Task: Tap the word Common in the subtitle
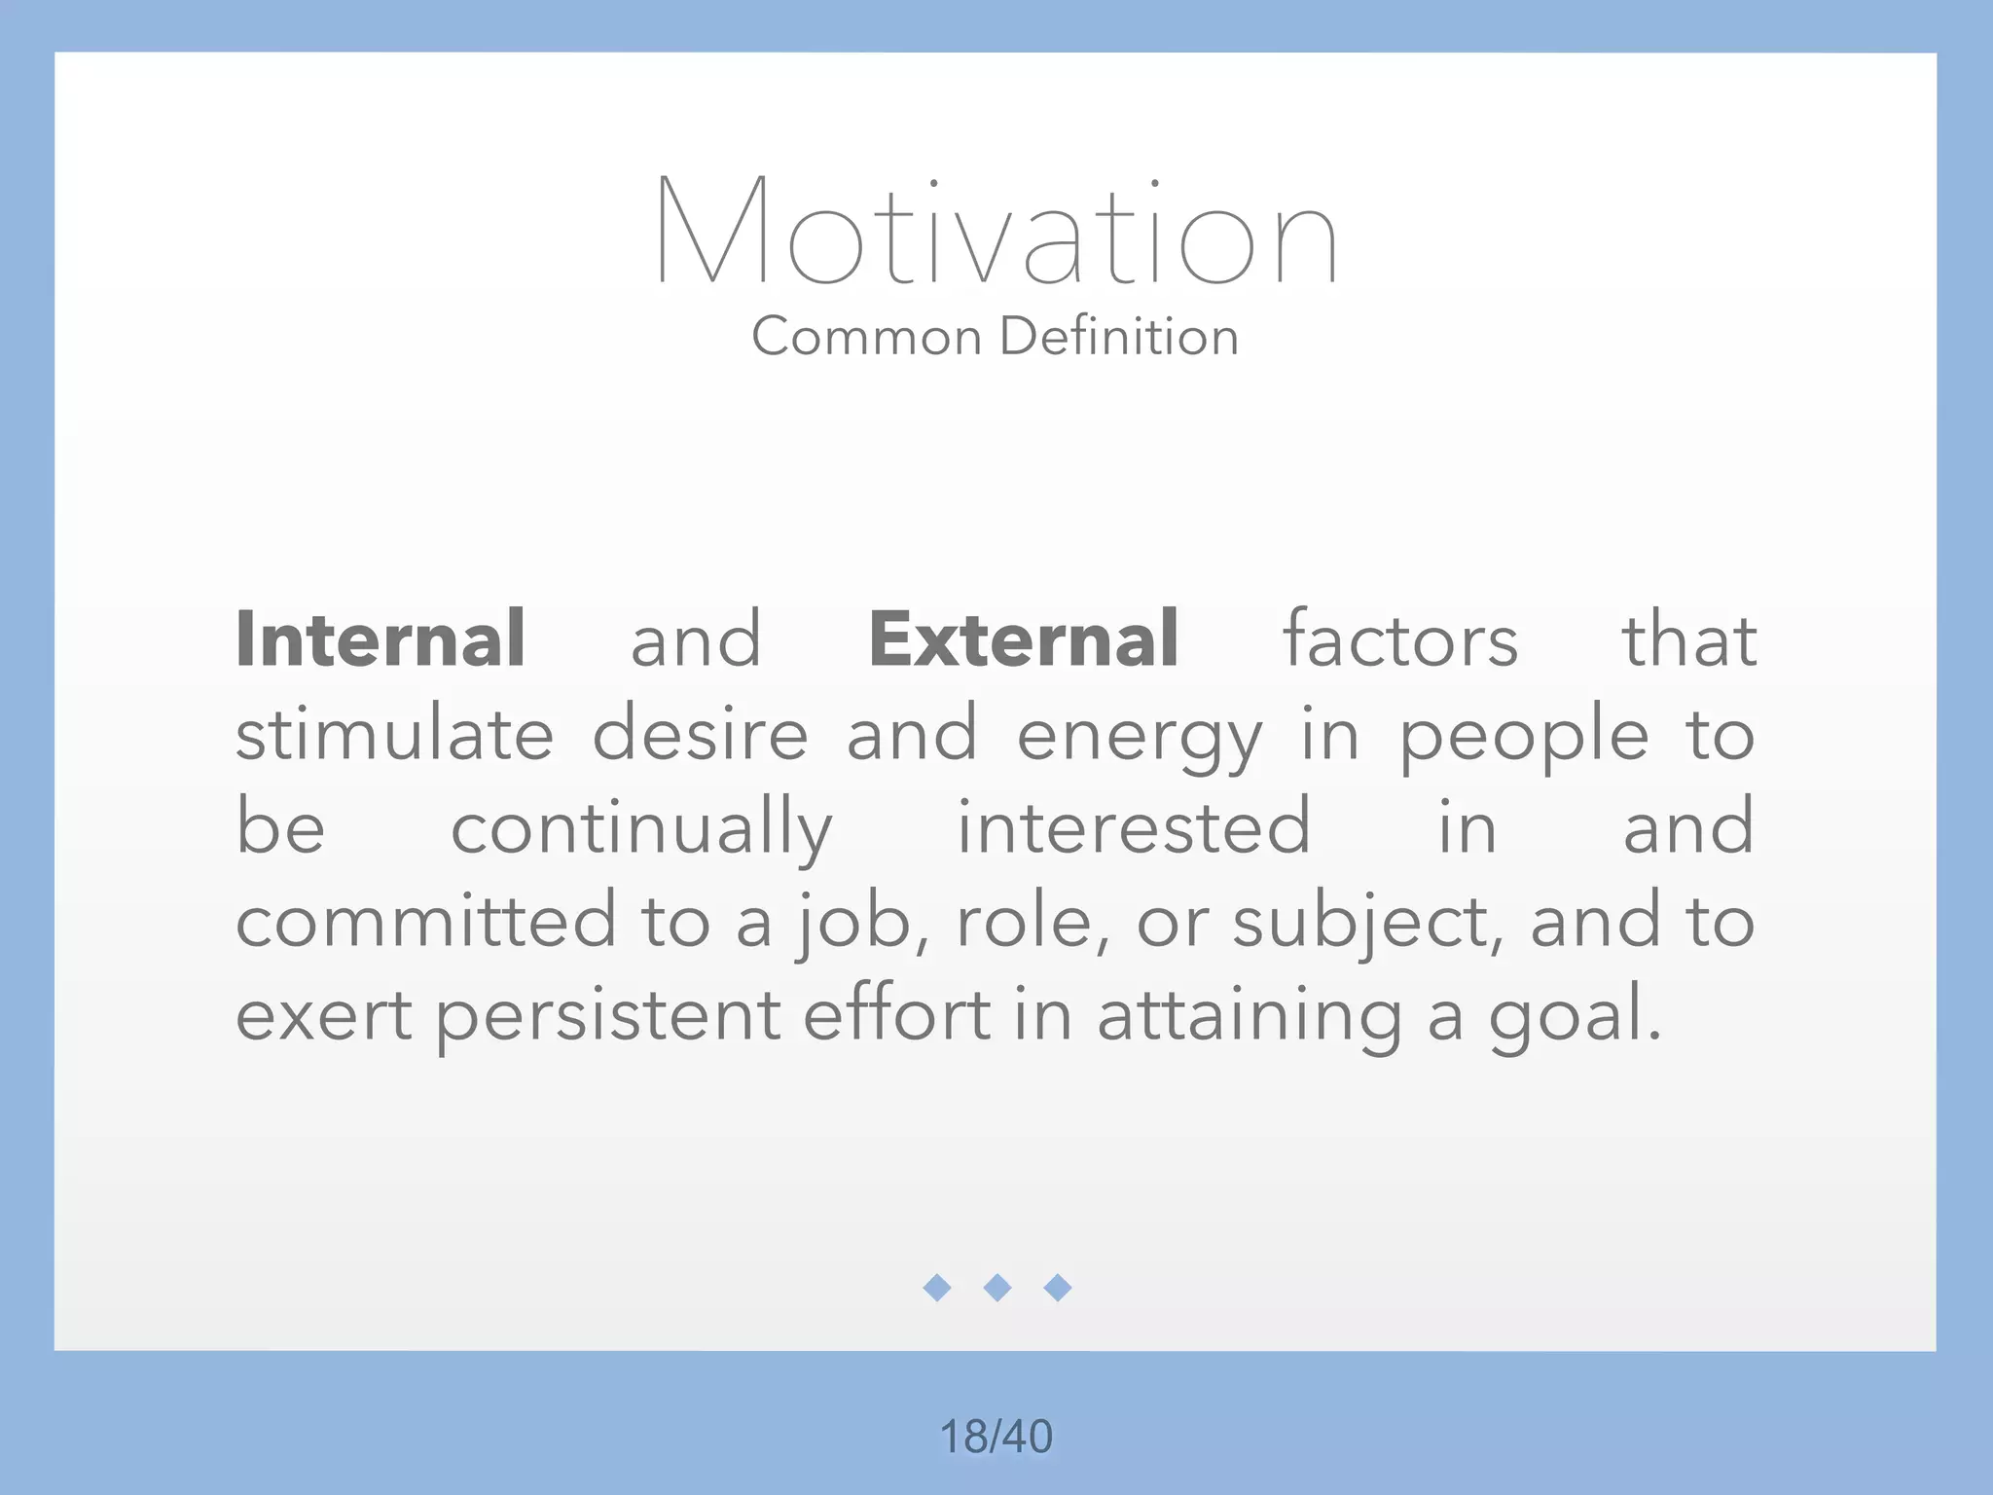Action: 866,337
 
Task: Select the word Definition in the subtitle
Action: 1119,337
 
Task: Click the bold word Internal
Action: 380,639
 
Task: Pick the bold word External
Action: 1024,639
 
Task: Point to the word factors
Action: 1400,639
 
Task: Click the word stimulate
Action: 394,734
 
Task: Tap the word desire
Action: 701,734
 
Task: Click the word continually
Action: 641,828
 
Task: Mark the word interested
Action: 1134,827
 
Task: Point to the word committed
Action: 426,921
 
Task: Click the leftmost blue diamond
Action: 937,1288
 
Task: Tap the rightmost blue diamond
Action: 1058,1288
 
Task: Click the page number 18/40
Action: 996,1437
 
